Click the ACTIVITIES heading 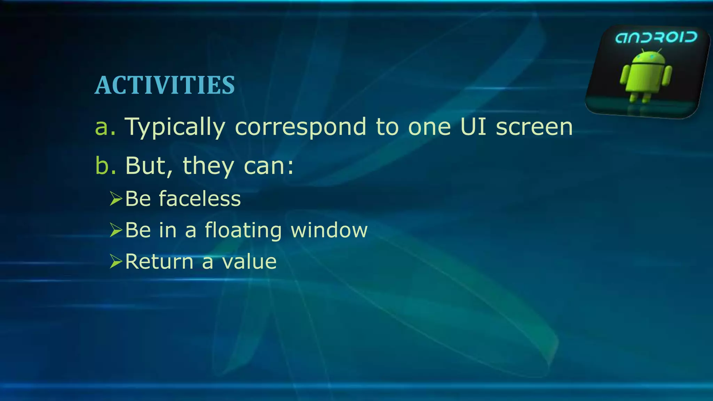[165, 85]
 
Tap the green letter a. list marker [105, 127]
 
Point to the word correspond [300, 127]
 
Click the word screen [534, 127]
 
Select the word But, [149, 166]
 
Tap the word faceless [200, 199]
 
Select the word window [329, 230]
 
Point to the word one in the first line [429, 127]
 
